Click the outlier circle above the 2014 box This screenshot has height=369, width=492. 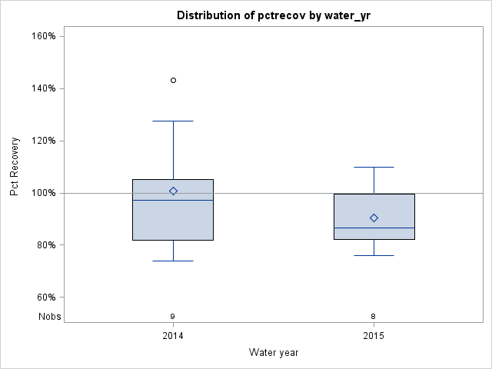(x=173, y=80)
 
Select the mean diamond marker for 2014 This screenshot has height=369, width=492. (x=173, y=191)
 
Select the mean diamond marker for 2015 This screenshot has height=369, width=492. (x=374, y=218)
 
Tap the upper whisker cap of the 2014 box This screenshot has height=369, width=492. (x=173, y=121)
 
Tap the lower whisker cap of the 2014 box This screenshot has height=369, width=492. (x=173, y=261)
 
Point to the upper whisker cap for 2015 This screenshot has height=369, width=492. (x=374, y=167)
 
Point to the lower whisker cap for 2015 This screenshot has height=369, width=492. (x=374, y=255)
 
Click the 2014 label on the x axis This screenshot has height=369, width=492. (x=173, y=337)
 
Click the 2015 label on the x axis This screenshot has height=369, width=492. (x=374, y=337)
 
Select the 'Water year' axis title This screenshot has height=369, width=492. (x=274, y=352)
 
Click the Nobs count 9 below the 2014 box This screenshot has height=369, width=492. (x=173, y=316)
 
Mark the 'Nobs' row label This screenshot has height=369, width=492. (x=49, y=316)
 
